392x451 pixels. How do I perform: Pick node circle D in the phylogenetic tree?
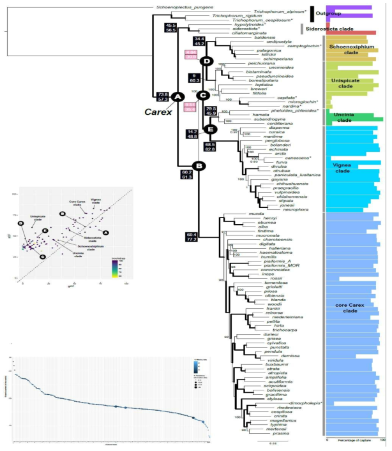pyautogui.click(x=206, y=61)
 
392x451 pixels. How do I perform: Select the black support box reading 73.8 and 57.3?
pyautogui.click(x=164, y=97)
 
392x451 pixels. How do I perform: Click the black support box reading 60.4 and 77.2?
pyautogui.click(x=193, y=238)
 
